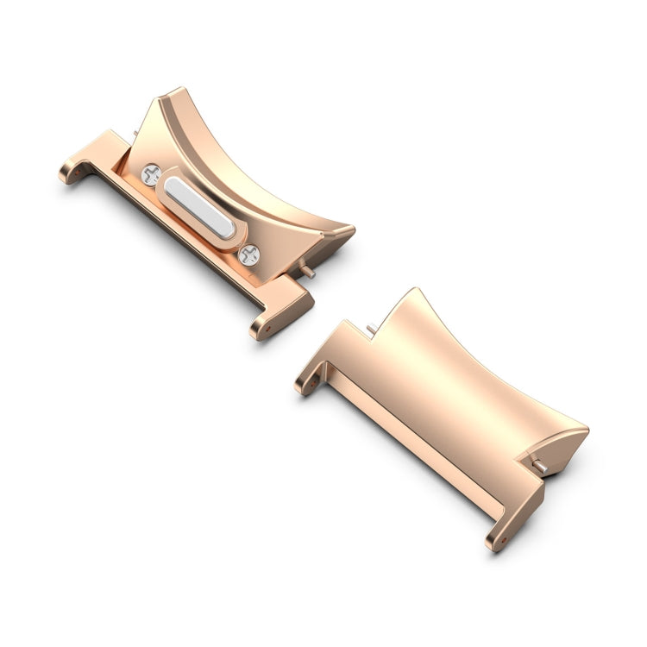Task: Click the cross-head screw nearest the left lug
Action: (x=151, y=173)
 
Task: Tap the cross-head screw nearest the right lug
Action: (x=250, y=254)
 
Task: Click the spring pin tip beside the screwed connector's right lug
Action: (x=307, y=272)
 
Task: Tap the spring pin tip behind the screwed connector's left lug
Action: (x=136, y=134)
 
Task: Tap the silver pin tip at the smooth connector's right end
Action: (x=542, y=466)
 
